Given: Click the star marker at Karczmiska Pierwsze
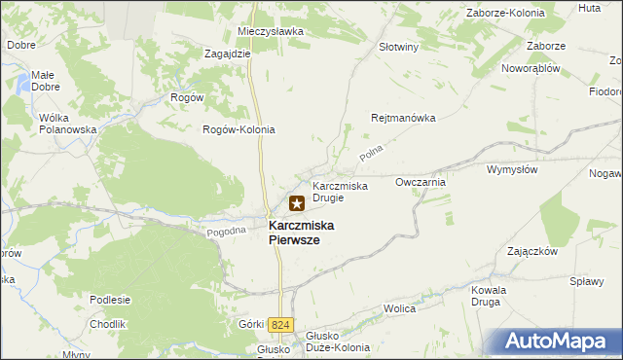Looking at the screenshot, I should (297, 203).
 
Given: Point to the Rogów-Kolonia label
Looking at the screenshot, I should (238, 129).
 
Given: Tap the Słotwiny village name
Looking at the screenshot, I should (398, 46).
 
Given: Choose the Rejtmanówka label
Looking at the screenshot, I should (403, 118).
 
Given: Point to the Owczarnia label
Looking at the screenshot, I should (421, 182).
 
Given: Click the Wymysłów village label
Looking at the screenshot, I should (512, 169).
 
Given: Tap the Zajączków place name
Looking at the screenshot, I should (531, 250).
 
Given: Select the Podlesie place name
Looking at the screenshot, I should (110, 299).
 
